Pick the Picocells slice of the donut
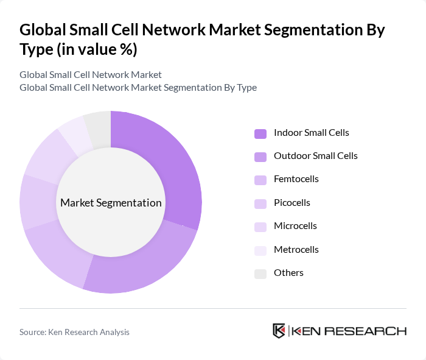point(38,203)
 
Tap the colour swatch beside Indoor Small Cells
point(260,133)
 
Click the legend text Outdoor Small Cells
point(315,156)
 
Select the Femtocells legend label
point(296,179)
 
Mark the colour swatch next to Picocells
point(260,203)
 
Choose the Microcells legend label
point(295,226)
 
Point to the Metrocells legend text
point(296,250)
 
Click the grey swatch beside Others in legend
point(260,274)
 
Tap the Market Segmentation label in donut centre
point(111,203)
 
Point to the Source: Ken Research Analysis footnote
point(74,332)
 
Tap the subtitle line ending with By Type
point(138,88)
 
